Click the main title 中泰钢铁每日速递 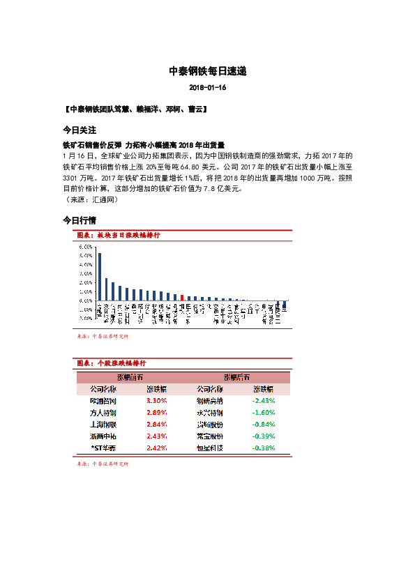pos(207,71)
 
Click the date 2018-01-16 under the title pos(207,89)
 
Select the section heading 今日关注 pos(79,130)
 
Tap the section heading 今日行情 pos(79,220)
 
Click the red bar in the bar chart pos(181,298)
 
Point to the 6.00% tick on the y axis pos(86,247)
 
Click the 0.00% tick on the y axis pos(86,300)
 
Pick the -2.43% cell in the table pos(264,402)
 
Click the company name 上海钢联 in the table pos(103,424)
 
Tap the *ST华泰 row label pos(104,447)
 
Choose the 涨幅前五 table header pos(129,377)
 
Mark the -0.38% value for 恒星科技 pos(264,447)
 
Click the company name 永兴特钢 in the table pos(210,413)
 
